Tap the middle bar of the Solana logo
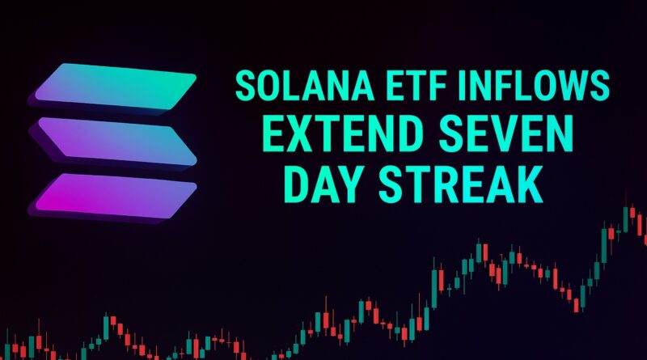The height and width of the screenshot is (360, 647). click(x=113, y=142)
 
